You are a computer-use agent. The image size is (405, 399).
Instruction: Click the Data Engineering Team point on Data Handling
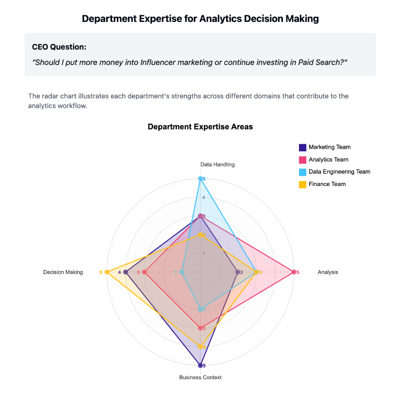tap(200, 179)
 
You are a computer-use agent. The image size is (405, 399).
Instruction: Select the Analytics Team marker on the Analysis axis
tap(294, 272)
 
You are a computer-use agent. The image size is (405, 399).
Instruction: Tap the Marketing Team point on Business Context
tap(200, 365)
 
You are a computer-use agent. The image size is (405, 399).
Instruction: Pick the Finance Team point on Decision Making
tap(107, 272)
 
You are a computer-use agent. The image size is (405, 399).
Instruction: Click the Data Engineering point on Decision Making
tap(182, 272)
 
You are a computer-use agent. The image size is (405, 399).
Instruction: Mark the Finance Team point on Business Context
tap(200, 347)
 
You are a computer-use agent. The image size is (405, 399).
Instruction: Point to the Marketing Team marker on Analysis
tap(238, 272)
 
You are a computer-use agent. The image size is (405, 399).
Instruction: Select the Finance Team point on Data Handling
tap(200, 235)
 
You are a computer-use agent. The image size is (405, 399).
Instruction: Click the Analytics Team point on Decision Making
tap(144, 272)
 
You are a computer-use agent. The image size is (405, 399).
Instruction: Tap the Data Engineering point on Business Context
tap(200, 309)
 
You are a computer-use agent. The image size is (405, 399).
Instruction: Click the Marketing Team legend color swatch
tap(302, 148)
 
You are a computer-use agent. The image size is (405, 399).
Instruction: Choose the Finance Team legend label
tap(327, 184)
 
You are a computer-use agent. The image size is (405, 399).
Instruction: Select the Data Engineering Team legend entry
tap(339, 172)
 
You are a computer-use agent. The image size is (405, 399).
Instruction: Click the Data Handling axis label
tap(217, 164)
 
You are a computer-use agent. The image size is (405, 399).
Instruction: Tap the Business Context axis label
tap(200, 377)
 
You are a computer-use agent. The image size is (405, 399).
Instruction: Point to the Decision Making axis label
tap(63, 272)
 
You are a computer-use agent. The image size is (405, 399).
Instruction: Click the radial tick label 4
tap(203, 197)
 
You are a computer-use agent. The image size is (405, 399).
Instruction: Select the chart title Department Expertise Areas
tap(200, 127)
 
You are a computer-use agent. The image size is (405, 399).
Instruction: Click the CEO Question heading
tap(59, 47)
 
